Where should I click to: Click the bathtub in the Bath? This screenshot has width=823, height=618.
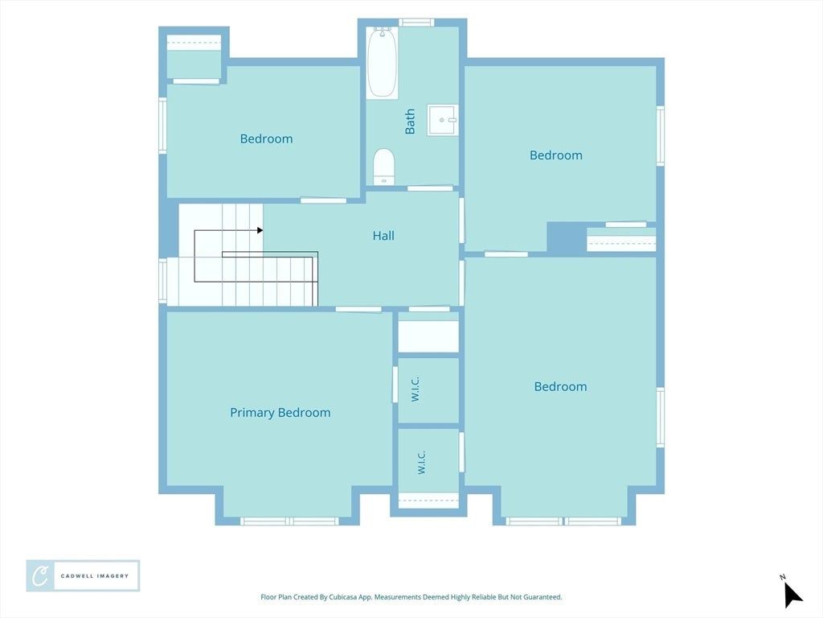[x=382, y=63]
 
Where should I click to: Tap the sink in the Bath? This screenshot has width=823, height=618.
[x=443, y=120]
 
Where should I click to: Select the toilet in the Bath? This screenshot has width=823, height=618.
[x=383, y=167]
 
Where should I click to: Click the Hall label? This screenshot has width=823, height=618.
[x=383, y=236]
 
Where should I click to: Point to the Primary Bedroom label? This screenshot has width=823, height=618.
[x=280, y=413]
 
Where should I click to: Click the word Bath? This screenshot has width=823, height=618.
[x=410, y=122]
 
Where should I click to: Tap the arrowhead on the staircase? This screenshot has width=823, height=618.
[x=260, y=230]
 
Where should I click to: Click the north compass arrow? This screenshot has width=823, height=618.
[x=792, y=595]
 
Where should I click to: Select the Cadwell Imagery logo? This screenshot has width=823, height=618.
[x=83, y=576]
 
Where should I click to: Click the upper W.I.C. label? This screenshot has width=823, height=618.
[x=416, y=389]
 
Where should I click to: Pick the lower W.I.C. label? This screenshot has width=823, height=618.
[x=421, y=463]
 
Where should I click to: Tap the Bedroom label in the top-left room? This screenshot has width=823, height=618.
[x=266, y=138]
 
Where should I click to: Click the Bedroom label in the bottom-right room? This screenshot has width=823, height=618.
[x=560, y=387]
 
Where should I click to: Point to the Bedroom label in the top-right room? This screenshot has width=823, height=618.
[x=556, y=155]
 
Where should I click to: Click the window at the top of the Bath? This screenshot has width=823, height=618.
[x=416, y=22]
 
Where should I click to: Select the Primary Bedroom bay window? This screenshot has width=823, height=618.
[x=289, y=521]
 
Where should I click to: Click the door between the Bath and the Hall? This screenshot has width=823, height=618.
[x=430, y=188]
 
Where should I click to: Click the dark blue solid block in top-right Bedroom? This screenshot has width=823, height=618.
[x=567, y=237]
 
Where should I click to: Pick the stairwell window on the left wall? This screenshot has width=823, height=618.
[x=162, y=281]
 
